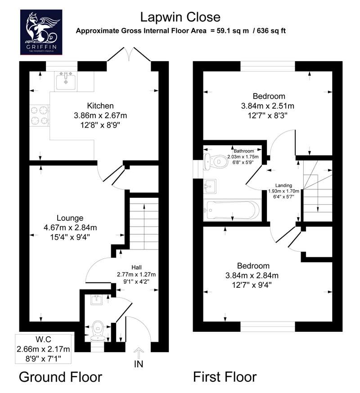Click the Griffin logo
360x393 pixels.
click(x=41, y=32)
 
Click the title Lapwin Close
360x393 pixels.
click(x=180, y=17)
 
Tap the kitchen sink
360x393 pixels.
click(x=66, y=80)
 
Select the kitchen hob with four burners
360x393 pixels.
click(x=40, y=115)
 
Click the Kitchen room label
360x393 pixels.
click(x=100, y=106)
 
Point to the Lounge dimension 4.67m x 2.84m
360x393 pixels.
click(x=70, y=228)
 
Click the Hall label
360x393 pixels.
click(x=136, y=268)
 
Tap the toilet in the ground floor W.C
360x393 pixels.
click(x=98, y=331)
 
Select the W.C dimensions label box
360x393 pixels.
click(x=43, y=349)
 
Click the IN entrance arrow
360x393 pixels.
click(x=139, y=353)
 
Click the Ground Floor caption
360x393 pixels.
click(x=60, y=377)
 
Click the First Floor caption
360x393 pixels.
click(x=225, y=377)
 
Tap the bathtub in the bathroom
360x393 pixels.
click(x=232, y=210)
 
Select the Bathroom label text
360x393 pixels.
click(x=243, y=151)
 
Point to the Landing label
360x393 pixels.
click(x=284, y=185)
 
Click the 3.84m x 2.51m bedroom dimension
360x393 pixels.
click(x=267, y=106)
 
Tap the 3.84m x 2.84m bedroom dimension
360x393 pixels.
click(x=252, y=276)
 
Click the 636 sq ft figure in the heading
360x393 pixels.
click(x=271, y=31)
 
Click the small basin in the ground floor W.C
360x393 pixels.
click(x=97, y=300)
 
